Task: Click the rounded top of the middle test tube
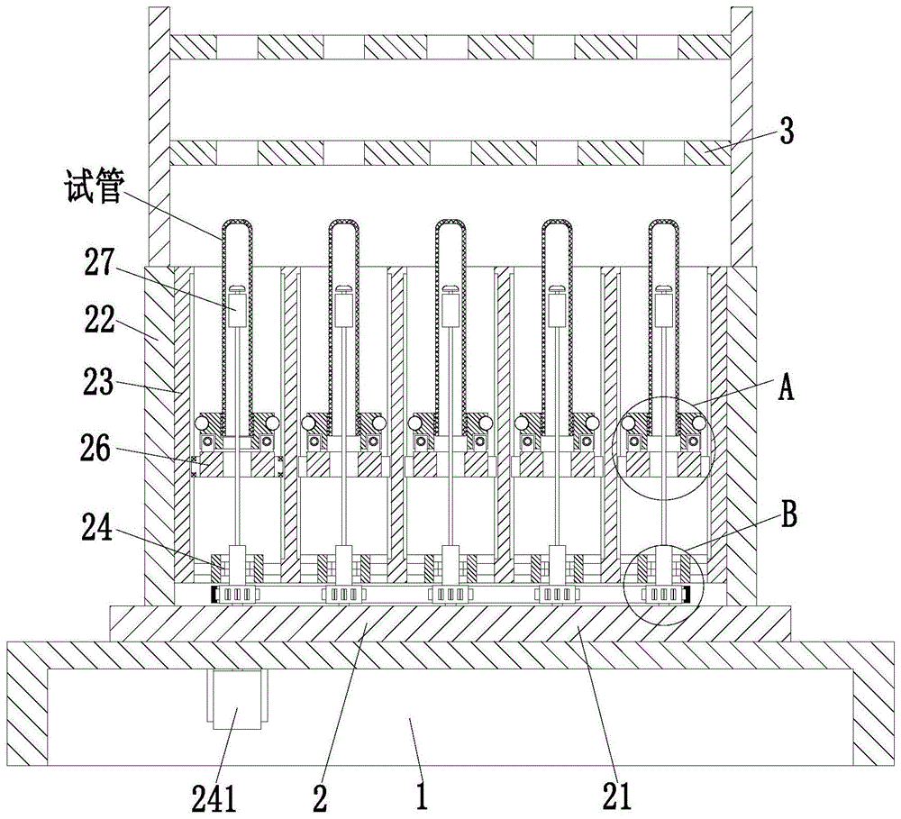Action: [x=450, y=225]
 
